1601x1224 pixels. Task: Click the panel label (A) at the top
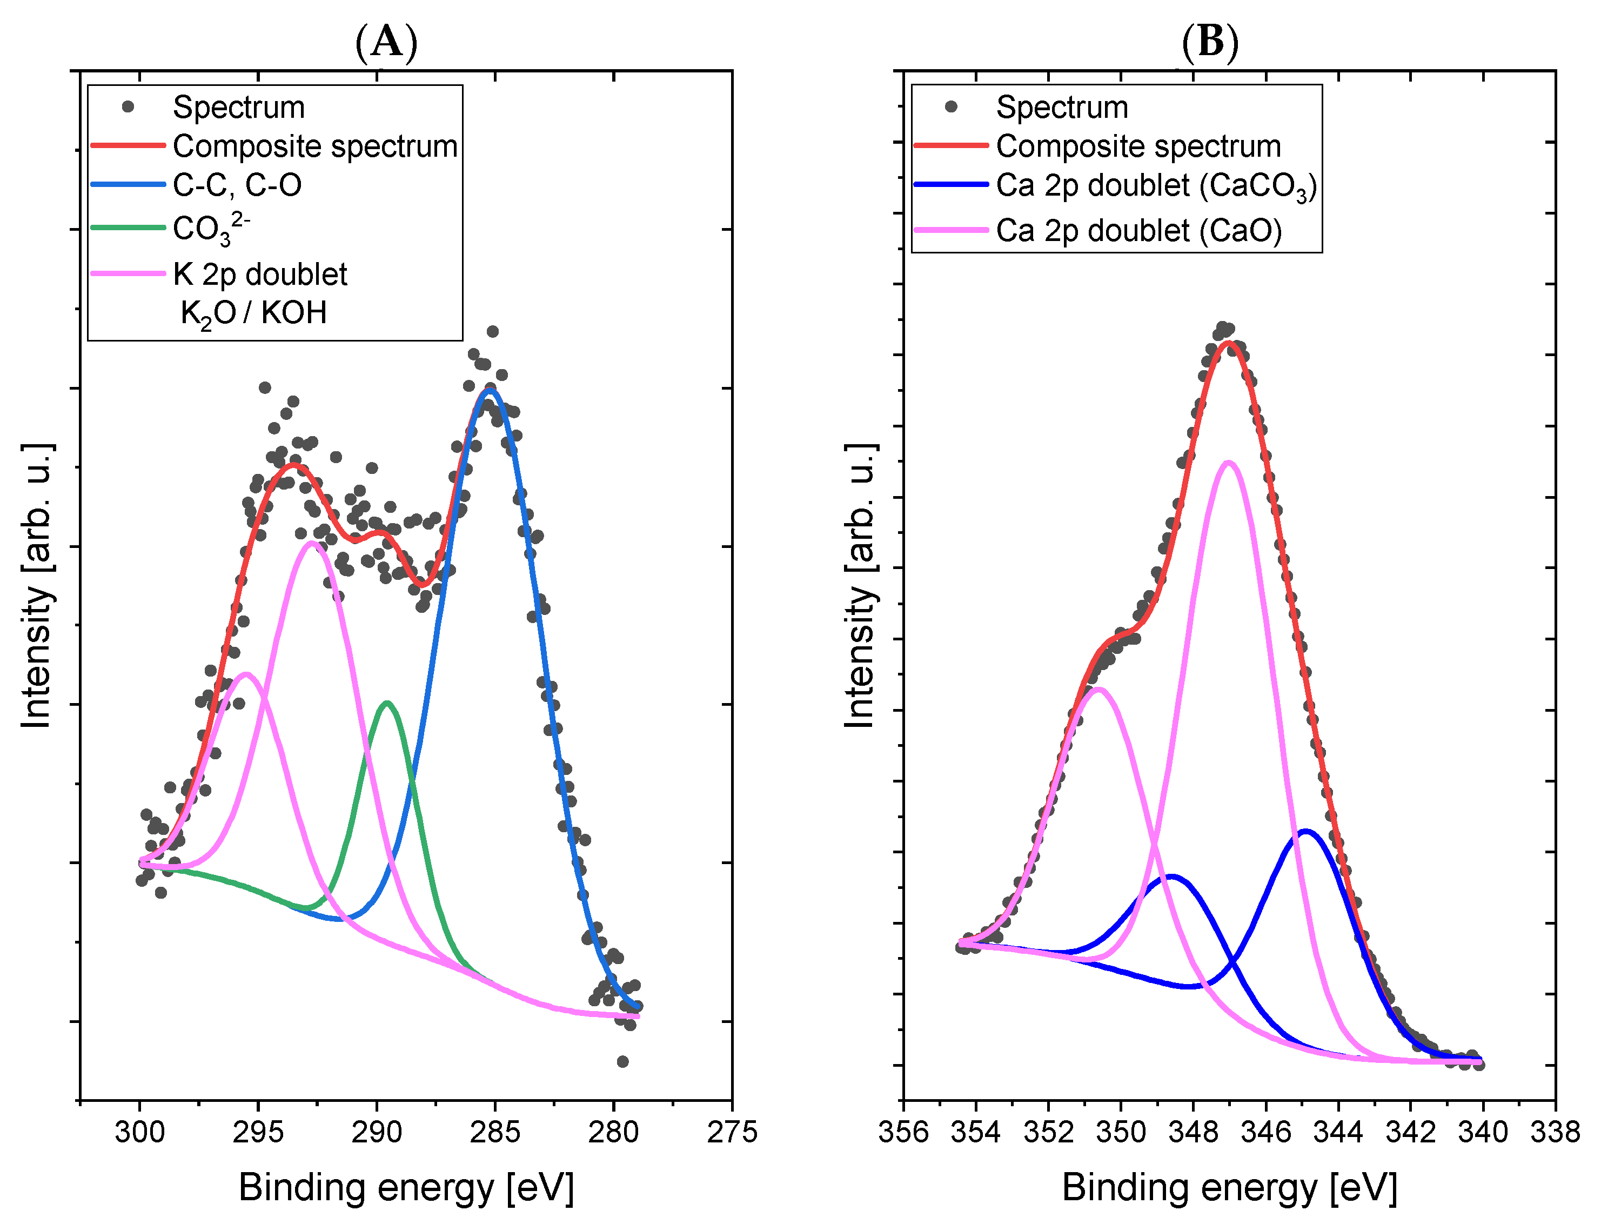tap(386, 42)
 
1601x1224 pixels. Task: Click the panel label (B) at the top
tap(1210, 42)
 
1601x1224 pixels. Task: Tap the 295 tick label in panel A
tap(258, 1132)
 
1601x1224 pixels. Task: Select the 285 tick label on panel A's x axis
tap(494, 1132)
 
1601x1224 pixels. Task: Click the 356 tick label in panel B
tap(903, 1132)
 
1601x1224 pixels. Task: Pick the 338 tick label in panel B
tap(1555, 1132)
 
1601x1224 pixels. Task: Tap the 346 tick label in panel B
tap(1265, 1132)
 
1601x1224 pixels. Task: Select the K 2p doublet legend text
tap(260, 275)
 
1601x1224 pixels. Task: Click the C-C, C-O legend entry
tap(237, 185)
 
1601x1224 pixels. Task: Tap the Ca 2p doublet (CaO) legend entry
tap(1138, 230)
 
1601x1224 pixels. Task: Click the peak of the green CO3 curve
tap(387, 703)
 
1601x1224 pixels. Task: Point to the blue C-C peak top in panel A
tap(490, 391)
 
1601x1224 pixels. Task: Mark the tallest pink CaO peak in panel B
tap(1229, 463)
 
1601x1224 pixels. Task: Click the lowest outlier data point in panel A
tap(622, 1061)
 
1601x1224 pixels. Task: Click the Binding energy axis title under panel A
tap(406, 1188)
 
